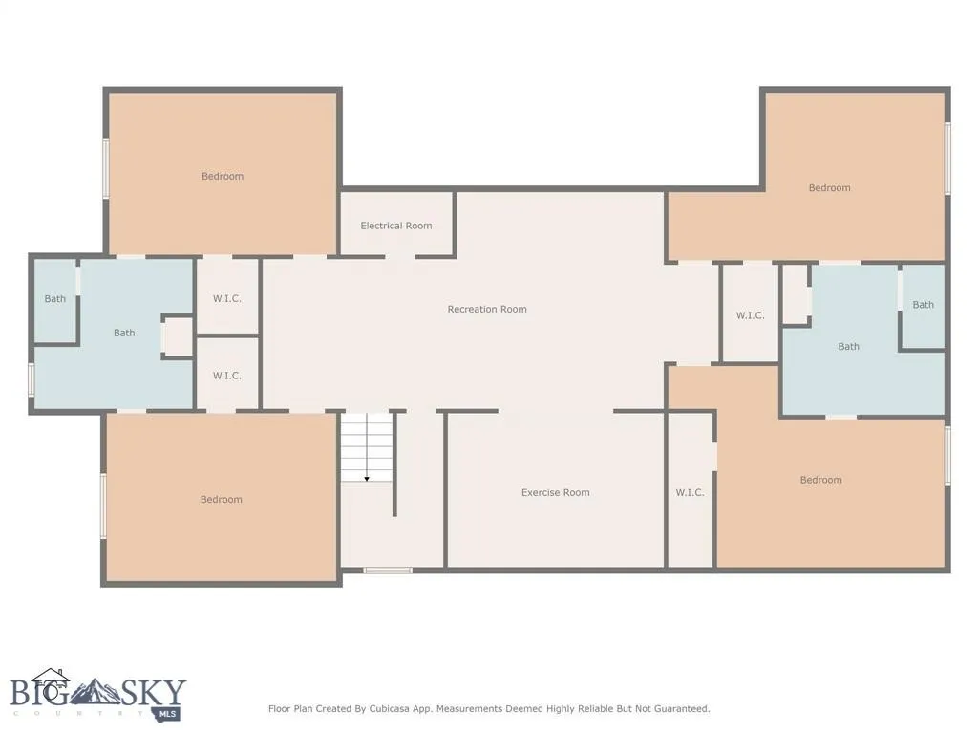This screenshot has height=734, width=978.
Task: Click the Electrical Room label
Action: coord(396,226)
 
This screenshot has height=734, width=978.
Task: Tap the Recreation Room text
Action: coord(487,309)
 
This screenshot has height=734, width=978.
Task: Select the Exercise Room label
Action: coord(555,492)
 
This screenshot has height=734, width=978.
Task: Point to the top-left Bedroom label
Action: coord(223,176)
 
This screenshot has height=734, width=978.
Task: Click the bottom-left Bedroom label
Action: coord(221,499)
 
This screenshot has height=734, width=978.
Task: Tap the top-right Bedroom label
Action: coord(829,187)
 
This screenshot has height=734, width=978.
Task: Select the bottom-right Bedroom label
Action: coord(820,480)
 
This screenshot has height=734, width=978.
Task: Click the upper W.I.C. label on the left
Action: coord(226,298)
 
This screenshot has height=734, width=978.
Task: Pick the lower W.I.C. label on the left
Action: coord(226,376)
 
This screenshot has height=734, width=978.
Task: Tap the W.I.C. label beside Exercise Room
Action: coord(690,492)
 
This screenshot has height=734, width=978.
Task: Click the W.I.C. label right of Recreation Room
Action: coord(750,315)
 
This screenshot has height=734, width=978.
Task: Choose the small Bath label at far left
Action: coord(55,299)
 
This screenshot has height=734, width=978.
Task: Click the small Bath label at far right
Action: coord(923,305)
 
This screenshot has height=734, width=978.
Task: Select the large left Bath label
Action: coord(124,333)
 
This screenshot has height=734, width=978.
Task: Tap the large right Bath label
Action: coord(848,346)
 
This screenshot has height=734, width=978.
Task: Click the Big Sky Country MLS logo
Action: coord(97,695)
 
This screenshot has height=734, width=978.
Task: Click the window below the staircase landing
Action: coord(388,571)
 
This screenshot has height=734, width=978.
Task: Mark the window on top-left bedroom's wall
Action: coord(106,168)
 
